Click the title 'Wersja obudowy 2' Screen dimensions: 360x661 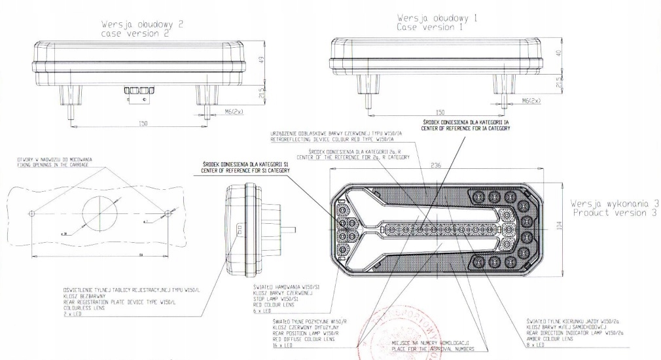point(141,24)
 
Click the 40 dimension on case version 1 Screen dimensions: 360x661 point(557,54)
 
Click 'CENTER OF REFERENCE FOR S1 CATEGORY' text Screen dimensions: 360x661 point(245,170)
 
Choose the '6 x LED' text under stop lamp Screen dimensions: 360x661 point(264,310)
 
